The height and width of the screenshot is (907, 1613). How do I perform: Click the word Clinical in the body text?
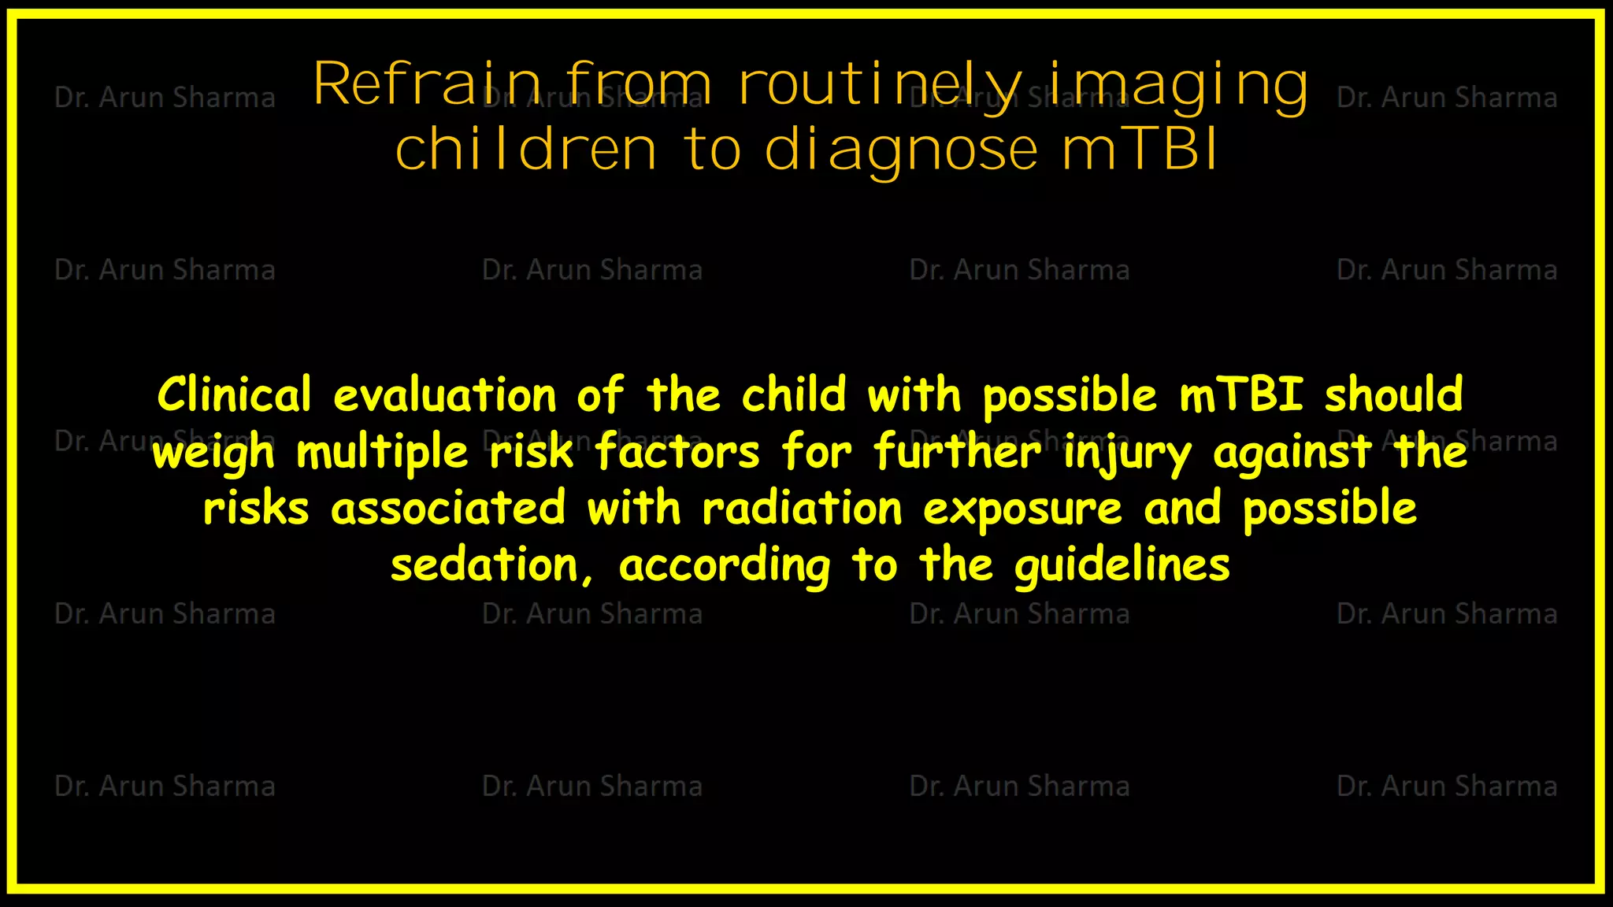[235, 394]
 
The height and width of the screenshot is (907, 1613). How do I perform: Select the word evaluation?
[445, 394]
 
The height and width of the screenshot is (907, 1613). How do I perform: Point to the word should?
[1393, 394]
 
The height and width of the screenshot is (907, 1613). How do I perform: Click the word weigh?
[213, 453]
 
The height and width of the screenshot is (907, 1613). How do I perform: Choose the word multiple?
[383, 453]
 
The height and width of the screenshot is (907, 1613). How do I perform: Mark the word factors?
[677, 453]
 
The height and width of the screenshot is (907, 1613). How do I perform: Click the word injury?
[1127, 453]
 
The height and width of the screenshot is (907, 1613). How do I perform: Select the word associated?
[448, 509]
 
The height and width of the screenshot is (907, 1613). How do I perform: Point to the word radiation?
[802, 509]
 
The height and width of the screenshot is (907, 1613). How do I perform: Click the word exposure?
[1022, 509]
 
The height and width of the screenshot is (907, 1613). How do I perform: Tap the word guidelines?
[1122, 565]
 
